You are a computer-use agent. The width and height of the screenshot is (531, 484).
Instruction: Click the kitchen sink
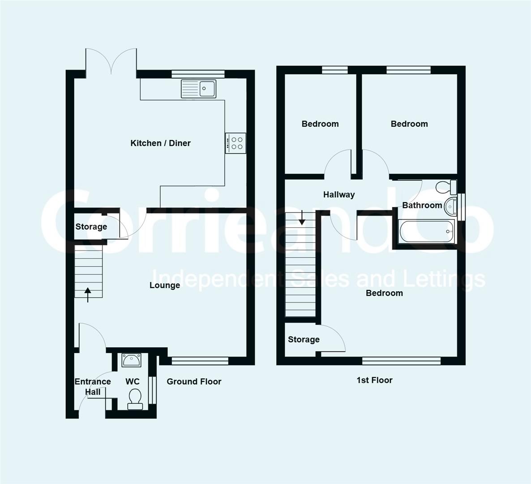pos(198,89)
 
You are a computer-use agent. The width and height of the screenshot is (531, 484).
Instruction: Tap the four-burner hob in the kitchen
pos(236,143)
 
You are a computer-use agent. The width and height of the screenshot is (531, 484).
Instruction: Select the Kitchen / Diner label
pos(161,143)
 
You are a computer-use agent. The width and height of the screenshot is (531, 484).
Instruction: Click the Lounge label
pos(165,285)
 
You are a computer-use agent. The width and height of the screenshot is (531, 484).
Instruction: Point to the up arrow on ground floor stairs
pos(88,294)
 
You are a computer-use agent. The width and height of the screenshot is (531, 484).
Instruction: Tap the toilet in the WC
pos(135,399)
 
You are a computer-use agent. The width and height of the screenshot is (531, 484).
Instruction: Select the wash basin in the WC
pos(132,360)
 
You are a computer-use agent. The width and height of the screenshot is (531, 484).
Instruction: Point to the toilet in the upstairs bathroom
pos(446,187)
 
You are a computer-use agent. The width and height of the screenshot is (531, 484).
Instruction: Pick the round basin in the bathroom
pos(450,206)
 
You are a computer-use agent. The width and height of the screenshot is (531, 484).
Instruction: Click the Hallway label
pos(339,194)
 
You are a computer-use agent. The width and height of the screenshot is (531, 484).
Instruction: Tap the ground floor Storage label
pos(91,227)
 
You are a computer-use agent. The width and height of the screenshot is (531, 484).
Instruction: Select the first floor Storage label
pos(304,339)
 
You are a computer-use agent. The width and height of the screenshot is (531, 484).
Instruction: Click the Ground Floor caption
pos(194,382)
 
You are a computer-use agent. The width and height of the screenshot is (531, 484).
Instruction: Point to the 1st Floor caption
pos(375,380)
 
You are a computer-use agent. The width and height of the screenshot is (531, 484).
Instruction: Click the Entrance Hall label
pos(93,387)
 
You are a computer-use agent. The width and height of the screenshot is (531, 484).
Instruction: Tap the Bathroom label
pos(422,205)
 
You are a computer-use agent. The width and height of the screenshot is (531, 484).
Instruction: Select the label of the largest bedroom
pos(384,293)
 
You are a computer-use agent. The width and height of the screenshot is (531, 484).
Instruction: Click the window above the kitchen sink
pos(198,74)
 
